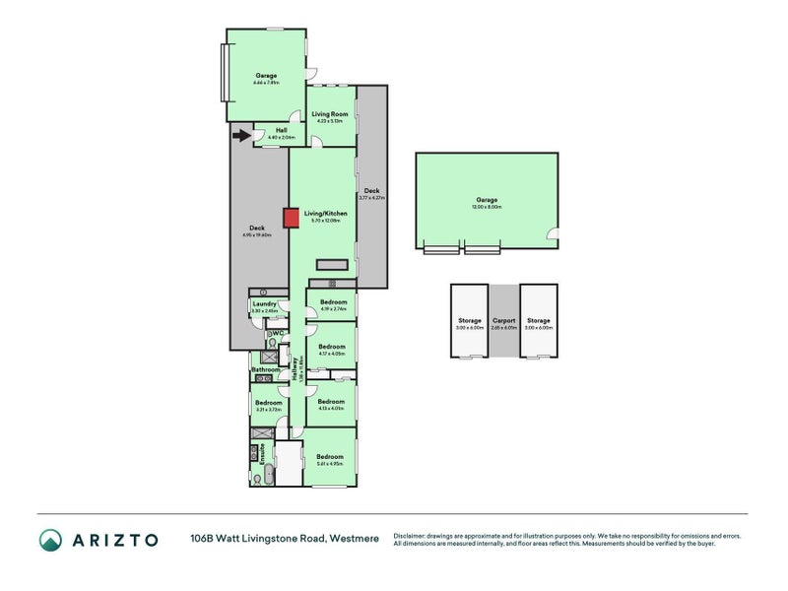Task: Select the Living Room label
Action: point(330,114)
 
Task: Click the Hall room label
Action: point(281,130)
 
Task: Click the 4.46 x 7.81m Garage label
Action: point(266,75)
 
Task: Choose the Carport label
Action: point(503,320)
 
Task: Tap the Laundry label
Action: point(264,304)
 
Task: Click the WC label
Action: point(278,334)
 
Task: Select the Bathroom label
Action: point(266,370)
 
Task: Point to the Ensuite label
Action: point(263,454)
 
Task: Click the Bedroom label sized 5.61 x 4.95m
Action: point(329,457)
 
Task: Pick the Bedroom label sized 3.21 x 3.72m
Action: point(268,403)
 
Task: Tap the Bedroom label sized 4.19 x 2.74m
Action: point(332,301)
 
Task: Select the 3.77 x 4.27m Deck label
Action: point(371,191)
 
